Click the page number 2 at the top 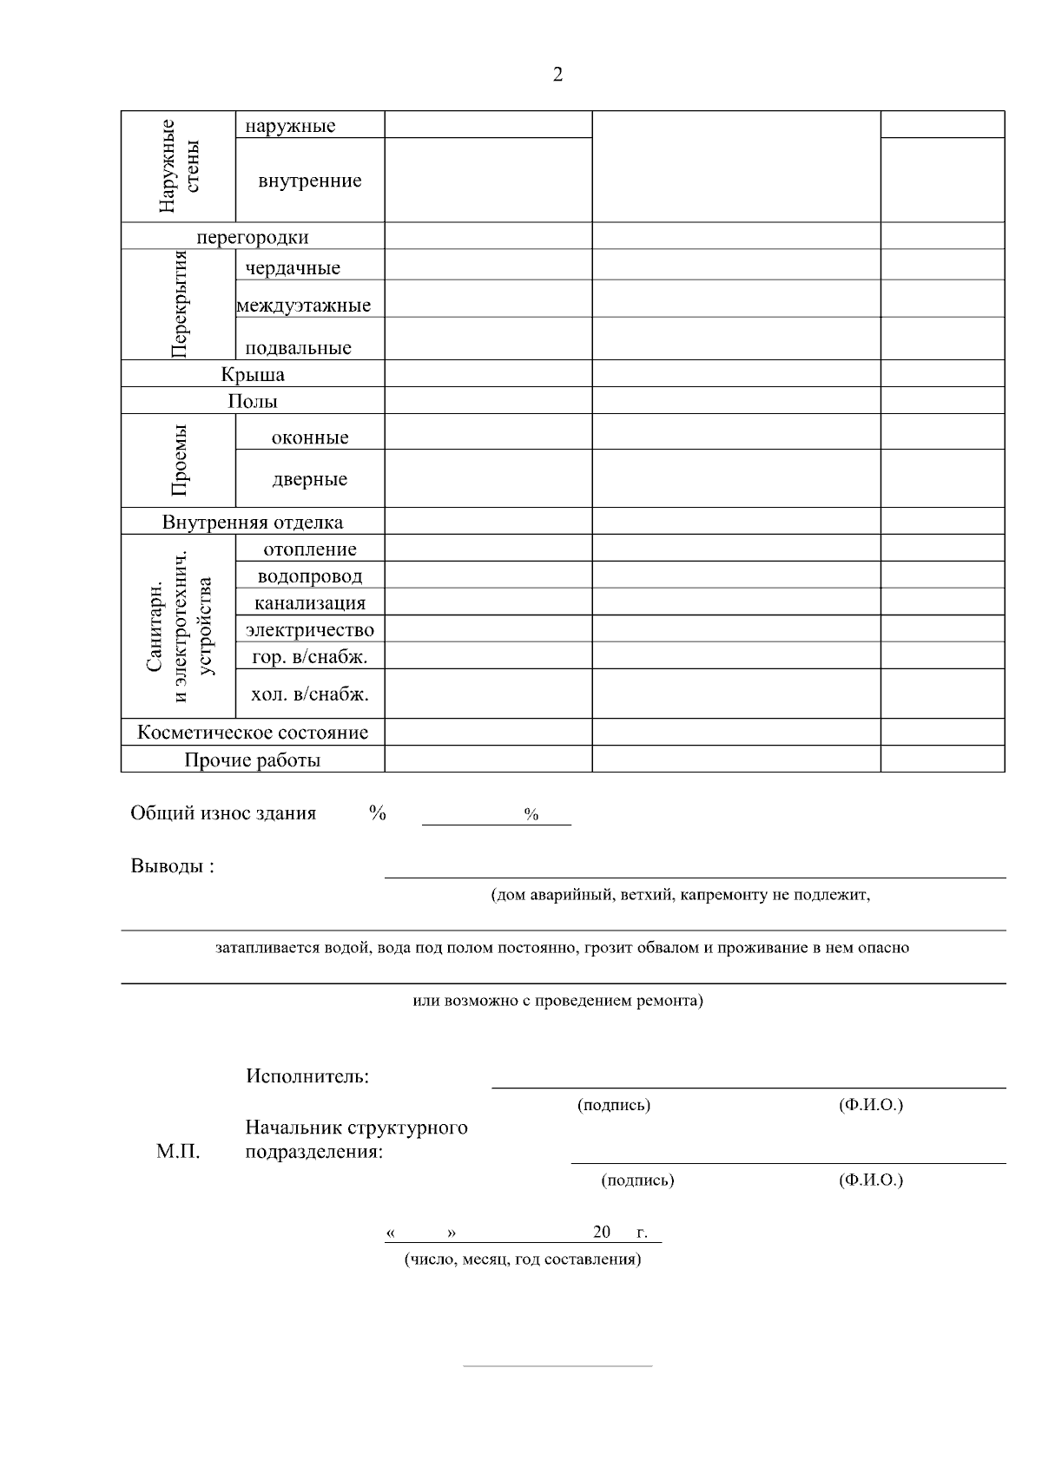click(x=557, y=75)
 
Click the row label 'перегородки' click(x=253, y=237)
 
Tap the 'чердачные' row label click(x=293, y=268)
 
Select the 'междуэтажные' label click(x=304, y=306)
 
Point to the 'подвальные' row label click(x=298, y=348)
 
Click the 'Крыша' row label click(x=253, y=375)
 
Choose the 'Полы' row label click(x=253, y=401)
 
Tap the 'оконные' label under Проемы click(x=310, y=437)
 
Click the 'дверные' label click(x=310, y=479)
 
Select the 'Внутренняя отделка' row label click(x=253, y=523)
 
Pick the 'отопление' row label click(x=310, y=549)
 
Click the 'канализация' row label click(x=310, y=603)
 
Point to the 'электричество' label click(x=310, y=630)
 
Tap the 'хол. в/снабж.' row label click(x=310, y=694)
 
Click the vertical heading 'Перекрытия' click(x=180, y=304)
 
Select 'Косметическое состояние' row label click(x=253, y=733)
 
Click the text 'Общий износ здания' click(x=223, y=813)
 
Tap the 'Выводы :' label click(x=172, y=866)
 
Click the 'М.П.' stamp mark click(x=178, y=1153)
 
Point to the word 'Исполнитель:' click(x=307, y=1077)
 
